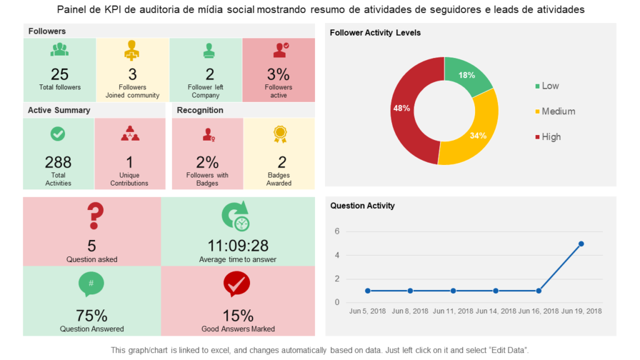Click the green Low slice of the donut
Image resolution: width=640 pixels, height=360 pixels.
click(467, 76)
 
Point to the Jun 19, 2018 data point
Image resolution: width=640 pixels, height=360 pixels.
click(581, 244)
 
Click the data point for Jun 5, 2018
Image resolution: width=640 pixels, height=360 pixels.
click(367, 291)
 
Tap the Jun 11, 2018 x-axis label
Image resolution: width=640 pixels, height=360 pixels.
click(453, 311)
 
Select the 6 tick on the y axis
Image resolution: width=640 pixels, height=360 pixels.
click(337, 231)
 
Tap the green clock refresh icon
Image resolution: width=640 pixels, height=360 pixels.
click(236, 216)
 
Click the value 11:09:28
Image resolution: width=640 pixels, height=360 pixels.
click(237, 246)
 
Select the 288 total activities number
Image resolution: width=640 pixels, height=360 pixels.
click(58, 162)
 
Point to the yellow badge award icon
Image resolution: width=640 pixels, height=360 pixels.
click(279, 133)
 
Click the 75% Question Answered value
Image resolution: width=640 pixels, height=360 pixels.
click(92, 316)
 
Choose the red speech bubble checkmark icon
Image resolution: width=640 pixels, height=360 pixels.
click(236, 284)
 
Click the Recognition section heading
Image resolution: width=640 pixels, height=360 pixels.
click(200, 111)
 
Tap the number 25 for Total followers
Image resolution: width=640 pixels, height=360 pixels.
click(60, 74)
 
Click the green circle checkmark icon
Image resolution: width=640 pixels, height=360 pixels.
click(57, 133)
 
